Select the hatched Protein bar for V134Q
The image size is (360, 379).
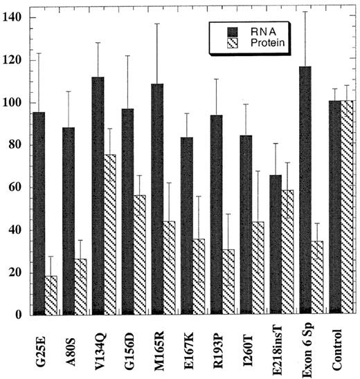click(109, 234)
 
